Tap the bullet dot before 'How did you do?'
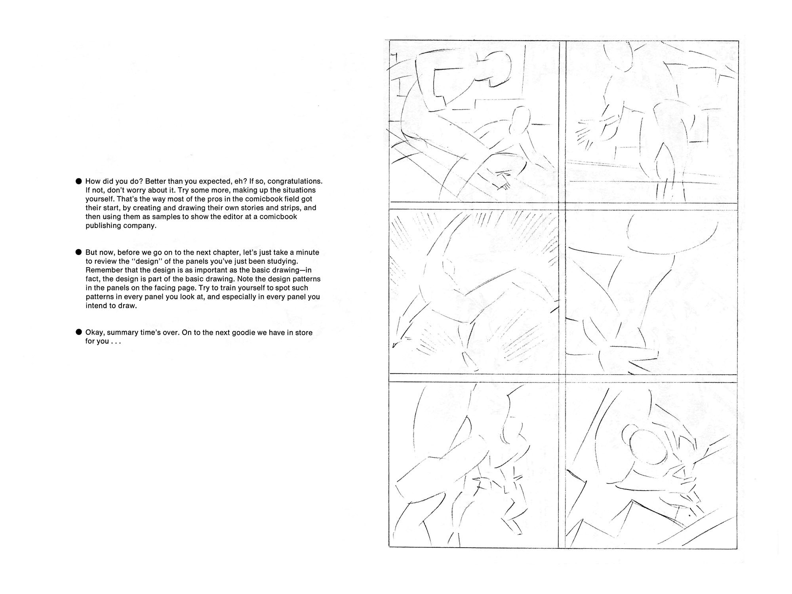78,181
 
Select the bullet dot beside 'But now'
78,252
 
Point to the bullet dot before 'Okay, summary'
78,332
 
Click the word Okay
95,333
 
